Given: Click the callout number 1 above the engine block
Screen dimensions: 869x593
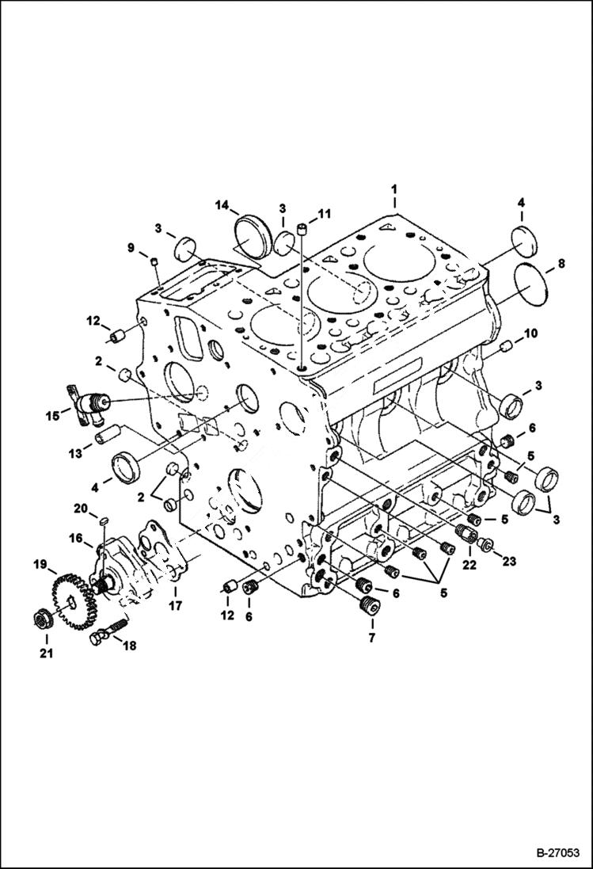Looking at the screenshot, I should tap(393, 191).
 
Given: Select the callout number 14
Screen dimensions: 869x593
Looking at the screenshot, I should tap(222, 206).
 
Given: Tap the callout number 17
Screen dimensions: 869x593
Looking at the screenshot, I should tap(174, 606).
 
